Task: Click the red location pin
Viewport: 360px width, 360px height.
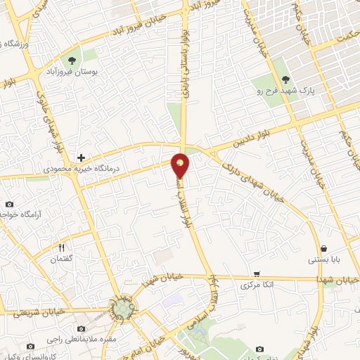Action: pyautogui.click(x=181, y=165)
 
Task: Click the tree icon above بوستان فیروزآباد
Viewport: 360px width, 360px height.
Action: pyautogui.click(x=73, y=59)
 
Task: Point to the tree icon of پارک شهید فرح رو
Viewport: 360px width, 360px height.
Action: pyautogui.click(x=285, y=79)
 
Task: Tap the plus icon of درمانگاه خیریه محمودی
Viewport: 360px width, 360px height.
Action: pyautogui.click(x=82, y=157)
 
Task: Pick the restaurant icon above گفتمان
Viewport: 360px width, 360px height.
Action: pyautogui.click(x=61, y=247)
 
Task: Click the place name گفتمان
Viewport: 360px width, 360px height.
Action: pyautogui.click(x=61, y=259)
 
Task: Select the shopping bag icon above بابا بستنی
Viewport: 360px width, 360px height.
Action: pyautogui.click(x=323, y=248)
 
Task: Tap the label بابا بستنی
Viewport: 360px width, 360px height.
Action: pyautogui.click(x=323, y=260)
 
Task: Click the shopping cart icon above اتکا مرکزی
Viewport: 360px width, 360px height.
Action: pyautogui.click(x=257, y=274)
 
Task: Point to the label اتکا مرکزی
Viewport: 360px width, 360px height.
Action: pyautogui.click(x=257, y=285)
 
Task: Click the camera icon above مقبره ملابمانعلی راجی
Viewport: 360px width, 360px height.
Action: pyautogui.click(x=80, y=329)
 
